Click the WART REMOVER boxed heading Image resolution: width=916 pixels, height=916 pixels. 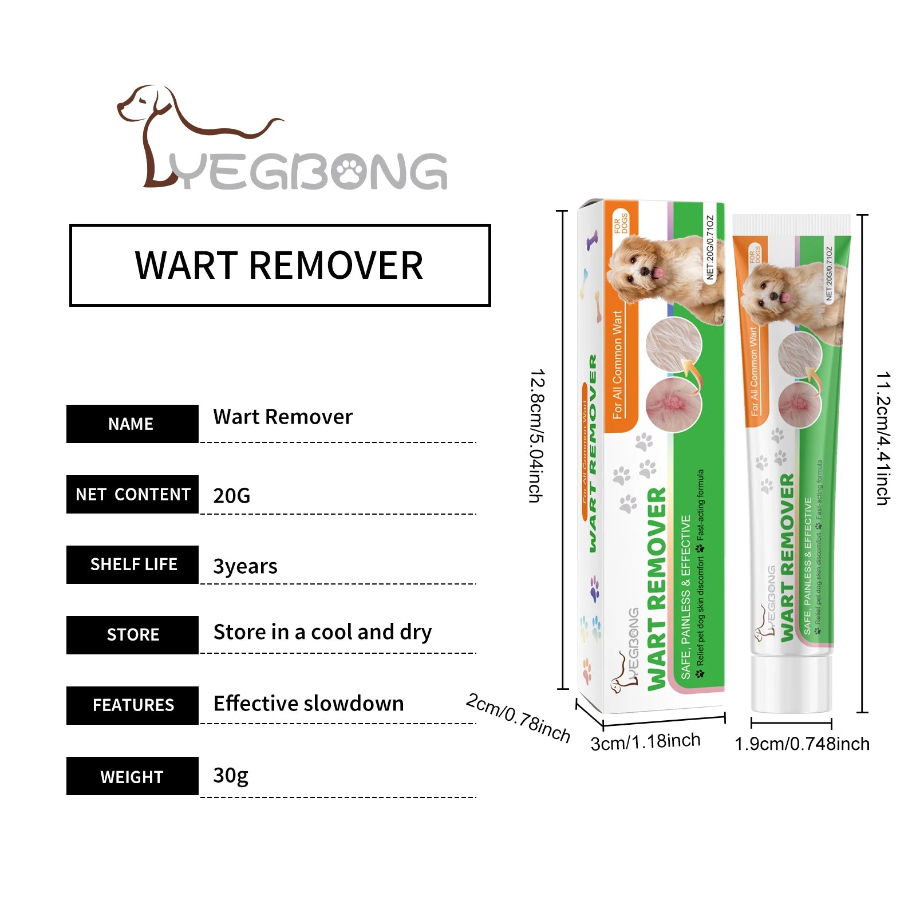(279, 265)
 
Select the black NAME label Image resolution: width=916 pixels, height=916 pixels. (132, 424)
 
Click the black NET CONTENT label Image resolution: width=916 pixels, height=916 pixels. (132, 494)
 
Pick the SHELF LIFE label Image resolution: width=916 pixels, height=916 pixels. (132, 564)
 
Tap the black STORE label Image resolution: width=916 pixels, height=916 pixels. (132, 635)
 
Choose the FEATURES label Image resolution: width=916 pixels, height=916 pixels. (132, 705)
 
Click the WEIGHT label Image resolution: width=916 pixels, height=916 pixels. (132, 776)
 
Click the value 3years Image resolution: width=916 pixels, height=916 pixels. (245, 566)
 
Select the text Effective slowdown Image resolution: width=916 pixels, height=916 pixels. (309, 704)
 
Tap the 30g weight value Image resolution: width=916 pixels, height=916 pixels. (231, 776)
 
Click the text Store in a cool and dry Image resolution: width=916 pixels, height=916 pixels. (322, 633)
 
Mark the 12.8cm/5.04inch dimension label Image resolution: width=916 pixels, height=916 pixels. (537, 436)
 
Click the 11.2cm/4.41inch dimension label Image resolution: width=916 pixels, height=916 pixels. (884, 439)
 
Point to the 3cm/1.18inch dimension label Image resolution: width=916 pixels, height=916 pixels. (645, 742)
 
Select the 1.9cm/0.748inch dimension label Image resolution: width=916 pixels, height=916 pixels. (801, 744)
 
